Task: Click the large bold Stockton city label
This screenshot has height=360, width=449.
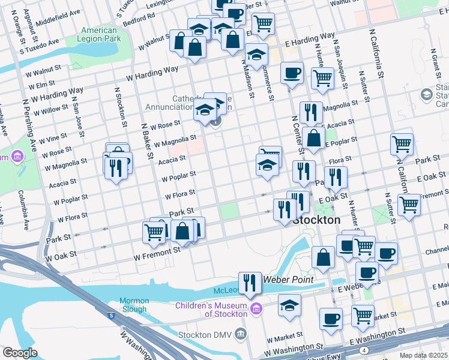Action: point(316,220)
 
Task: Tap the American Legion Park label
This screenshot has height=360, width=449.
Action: point(99,35)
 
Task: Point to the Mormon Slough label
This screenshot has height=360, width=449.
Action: point(133,305)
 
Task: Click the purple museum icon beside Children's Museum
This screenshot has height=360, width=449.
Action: point(256,309)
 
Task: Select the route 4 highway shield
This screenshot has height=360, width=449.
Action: point(364,350)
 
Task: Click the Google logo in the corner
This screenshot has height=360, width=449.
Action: point(19,353)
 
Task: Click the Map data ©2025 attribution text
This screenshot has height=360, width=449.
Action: point(423,355)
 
